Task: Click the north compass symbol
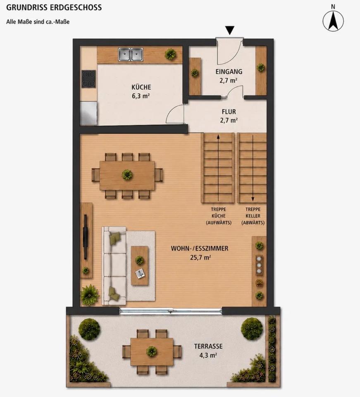point(333,21)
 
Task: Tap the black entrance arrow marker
point(230,30)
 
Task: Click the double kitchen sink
point(131,55)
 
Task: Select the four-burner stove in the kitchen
point(89,79)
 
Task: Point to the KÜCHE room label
point(141,87)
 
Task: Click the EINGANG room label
point(229,72)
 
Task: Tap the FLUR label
point(229,112)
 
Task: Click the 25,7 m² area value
point(200,258)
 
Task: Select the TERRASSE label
point(208,346)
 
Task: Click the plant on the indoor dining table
point(127,175)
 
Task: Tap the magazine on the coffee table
point(141,273)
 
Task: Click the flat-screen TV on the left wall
point(86,237)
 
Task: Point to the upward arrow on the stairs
point(218,168)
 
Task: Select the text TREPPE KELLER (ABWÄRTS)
point(253,216)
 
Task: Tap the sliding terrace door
point(171,311)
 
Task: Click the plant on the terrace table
point(152,351)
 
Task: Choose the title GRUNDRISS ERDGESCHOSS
point(54,7)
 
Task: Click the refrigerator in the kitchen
point(88,113)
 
